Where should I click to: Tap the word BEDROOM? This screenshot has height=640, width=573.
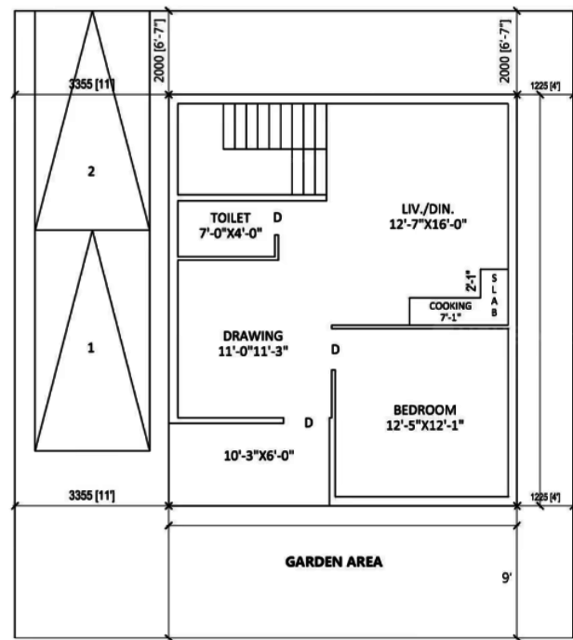coord(424,410)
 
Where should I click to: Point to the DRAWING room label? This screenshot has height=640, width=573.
coord(252,336)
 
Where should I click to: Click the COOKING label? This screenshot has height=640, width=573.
coord(451,306)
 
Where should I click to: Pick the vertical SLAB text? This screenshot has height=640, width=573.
coord(495,297)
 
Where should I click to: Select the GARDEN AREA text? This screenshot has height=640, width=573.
coord(333,562)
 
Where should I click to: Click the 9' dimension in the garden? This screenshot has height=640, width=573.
coord(507,579)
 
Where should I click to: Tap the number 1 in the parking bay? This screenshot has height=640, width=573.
coord(90,348)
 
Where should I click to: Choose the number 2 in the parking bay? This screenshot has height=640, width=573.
coord(90,171)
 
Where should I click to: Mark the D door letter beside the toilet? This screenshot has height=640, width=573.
coord(277,218)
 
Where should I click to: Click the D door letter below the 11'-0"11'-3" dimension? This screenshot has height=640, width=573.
coord(335,350)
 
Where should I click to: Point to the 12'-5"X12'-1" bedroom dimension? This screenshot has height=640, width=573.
coord(424,425)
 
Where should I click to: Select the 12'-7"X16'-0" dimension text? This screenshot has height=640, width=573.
coord(427,224)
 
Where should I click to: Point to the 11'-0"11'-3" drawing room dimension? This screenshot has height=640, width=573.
coord(252,351)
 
